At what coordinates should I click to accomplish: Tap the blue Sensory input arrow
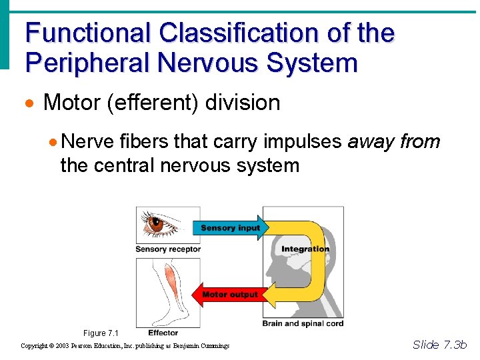[x=230, y=228]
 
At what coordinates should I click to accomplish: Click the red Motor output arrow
[x=229, y=294]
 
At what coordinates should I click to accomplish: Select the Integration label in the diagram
[x=305, y=249]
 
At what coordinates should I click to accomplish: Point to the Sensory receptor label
[x=167, y=249]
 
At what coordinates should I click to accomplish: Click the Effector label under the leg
[x=163, y=333]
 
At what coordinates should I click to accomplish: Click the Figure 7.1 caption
[x=101, y=333]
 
